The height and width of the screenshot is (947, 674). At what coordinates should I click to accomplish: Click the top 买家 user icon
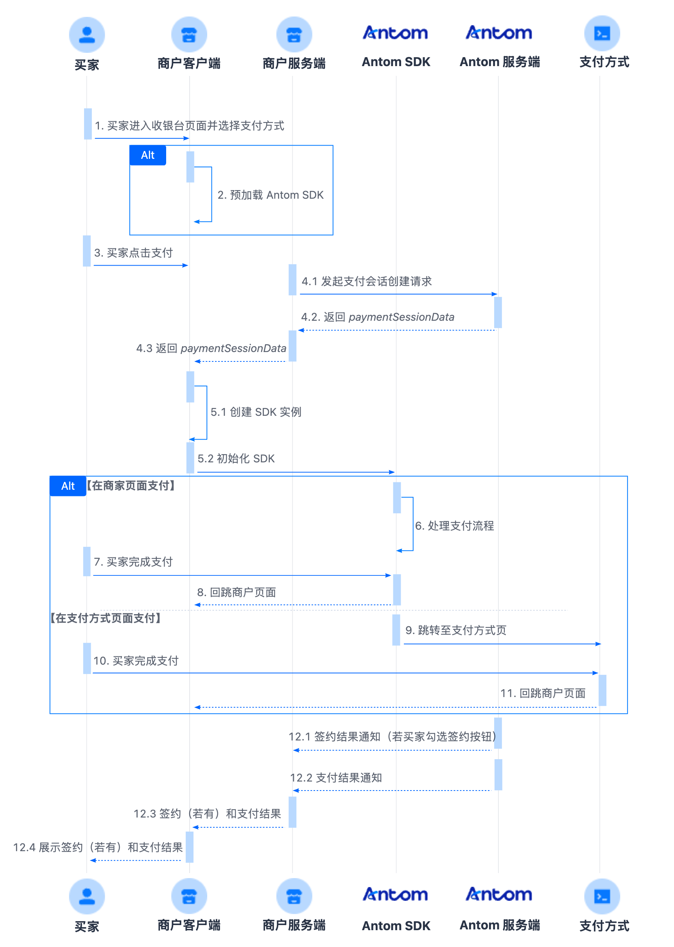[87, 35]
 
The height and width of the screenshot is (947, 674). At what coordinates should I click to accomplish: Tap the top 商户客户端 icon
[189, 34]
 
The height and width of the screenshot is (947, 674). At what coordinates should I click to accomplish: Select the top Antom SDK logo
[396, 33]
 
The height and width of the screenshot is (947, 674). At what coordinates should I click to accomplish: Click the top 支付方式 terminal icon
[602, 34]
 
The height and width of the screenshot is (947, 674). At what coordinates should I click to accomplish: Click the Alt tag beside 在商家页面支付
[68, 486]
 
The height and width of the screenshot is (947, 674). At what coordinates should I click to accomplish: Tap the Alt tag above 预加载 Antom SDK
[148, 155]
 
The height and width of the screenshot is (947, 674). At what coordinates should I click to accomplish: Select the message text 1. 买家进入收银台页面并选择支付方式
[190, 126]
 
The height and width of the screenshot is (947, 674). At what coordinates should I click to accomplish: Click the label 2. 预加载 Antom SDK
[271, 195]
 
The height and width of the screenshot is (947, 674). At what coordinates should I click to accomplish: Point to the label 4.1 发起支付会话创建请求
[366, 281]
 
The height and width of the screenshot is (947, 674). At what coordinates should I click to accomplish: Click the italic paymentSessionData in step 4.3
[234, 348]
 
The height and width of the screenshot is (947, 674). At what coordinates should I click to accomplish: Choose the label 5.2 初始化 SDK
[236, 458]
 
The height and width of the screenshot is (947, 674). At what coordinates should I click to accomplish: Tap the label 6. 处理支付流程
[454, 526]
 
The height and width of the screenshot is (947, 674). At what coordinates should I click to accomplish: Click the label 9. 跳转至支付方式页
[456, 630]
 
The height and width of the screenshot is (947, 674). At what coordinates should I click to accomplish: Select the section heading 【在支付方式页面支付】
[106, 618]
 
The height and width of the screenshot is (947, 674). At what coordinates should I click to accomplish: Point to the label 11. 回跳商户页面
[543, 693]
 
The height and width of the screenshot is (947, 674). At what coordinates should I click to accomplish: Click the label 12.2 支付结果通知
[336, 778]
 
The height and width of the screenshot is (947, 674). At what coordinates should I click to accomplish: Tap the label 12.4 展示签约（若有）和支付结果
[98, 847]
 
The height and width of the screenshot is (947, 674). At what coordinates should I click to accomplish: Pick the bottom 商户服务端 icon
[294, 896]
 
